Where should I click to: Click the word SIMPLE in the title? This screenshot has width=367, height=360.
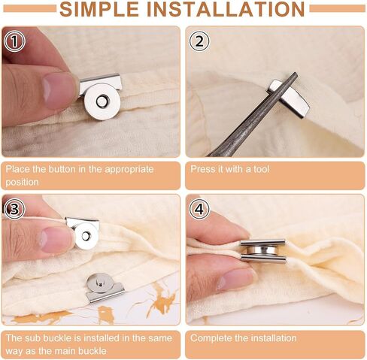99,9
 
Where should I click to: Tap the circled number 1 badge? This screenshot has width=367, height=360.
14,41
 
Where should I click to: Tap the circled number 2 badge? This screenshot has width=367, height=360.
199,41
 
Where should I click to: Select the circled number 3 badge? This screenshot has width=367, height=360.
14,209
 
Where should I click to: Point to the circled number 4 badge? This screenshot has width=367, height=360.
199,209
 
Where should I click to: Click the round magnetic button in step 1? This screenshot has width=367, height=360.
102,101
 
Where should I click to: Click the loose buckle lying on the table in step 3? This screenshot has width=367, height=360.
104,288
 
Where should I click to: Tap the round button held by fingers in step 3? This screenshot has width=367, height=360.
86,236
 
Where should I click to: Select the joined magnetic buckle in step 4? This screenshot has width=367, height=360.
262,252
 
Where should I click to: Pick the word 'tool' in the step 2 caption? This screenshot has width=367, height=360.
261,169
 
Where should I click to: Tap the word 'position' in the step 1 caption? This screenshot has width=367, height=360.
22,182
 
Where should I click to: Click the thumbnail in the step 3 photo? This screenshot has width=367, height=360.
54,240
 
